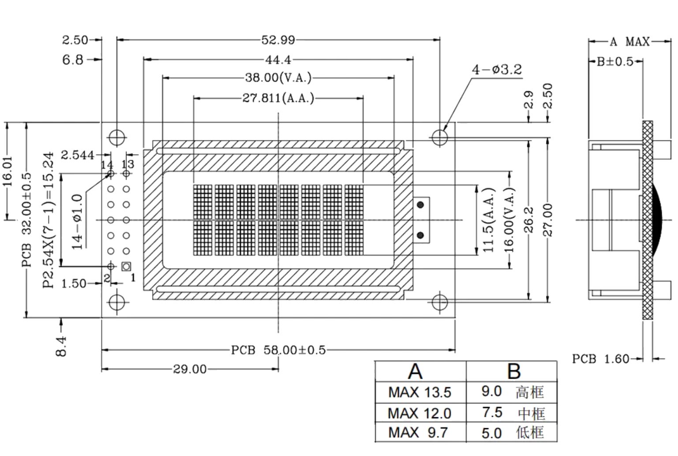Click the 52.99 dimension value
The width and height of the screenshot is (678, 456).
278,40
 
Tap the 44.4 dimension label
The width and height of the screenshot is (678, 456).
278,59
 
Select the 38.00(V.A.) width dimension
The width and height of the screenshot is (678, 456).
278,78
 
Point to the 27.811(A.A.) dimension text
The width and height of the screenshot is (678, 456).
278,98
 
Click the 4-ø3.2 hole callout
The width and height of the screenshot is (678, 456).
497,70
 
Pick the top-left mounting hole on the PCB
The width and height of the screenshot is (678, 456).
117,137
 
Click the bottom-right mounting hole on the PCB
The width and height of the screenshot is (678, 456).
439,302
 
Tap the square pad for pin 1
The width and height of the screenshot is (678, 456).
126,266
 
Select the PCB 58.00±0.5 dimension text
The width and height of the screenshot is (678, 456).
278,350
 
